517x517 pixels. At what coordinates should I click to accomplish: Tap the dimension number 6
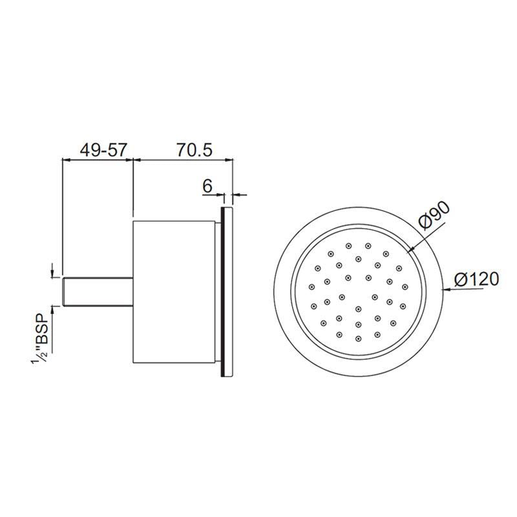pos(208,186)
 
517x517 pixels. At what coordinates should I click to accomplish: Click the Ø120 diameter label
pos(477,279)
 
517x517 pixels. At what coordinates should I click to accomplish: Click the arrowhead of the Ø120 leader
pos(445,290)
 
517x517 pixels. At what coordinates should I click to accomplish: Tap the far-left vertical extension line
pos(61,213)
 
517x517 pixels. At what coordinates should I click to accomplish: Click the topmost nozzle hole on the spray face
pos(349,246)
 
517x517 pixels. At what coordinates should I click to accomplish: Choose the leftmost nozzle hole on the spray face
pos(311,286)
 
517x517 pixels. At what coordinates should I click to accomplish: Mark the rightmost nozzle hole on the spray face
pos(405,286)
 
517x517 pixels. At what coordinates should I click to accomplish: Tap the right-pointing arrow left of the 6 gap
pos(218,193)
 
